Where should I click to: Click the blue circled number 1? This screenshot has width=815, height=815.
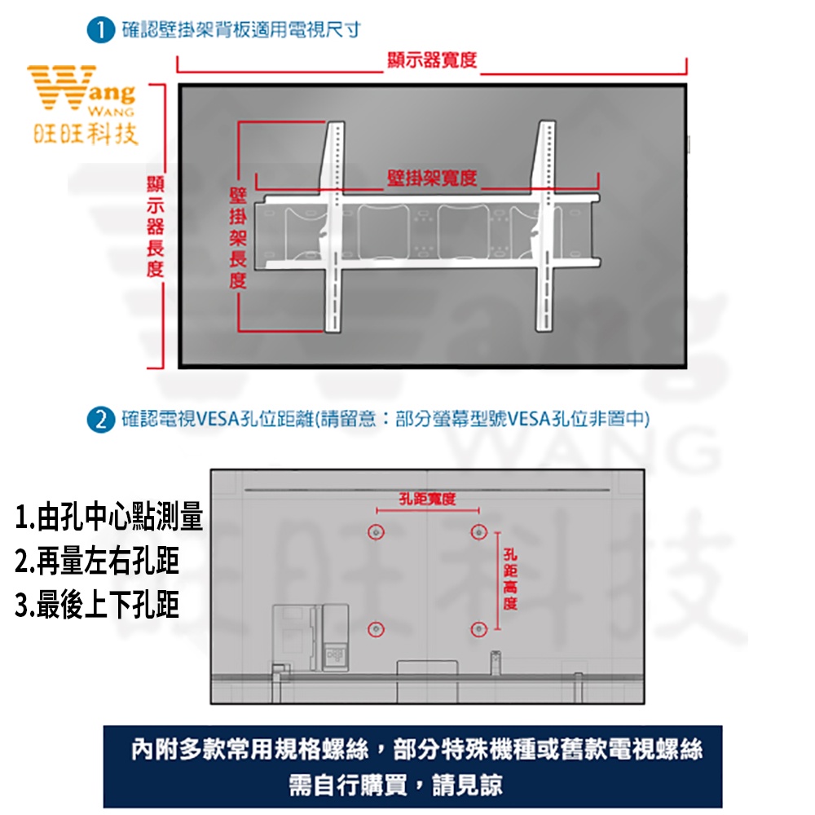[101, 29]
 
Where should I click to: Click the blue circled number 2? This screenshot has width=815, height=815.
[101, 420]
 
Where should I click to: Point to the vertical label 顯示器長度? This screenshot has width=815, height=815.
[155, 227]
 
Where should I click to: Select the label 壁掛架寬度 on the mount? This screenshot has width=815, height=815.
[432, 178]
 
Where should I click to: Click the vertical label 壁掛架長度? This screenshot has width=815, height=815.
[238, 238]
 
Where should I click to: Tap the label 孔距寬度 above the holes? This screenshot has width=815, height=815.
[427, 499]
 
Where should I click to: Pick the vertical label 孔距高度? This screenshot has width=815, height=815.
[510, 579]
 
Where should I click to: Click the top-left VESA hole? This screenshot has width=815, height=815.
[376, 531]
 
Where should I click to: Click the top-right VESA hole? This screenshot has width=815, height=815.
[478, 531]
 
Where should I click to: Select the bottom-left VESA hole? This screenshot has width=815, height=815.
[376, 629]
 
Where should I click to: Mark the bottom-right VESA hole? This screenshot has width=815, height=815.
[478, 629]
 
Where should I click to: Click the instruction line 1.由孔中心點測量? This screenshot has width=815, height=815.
[108, 518]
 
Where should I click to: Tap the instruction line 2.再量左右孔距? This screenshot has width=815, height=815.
[97, 561]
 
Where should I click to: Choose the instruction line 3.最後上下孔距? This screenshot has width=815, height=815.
[97, 605]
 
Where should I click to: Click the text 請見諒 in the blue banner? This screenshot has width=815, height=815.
[467, 785]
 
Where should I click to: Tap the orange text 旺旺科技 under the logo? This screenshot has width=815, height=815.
[86, 134]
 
